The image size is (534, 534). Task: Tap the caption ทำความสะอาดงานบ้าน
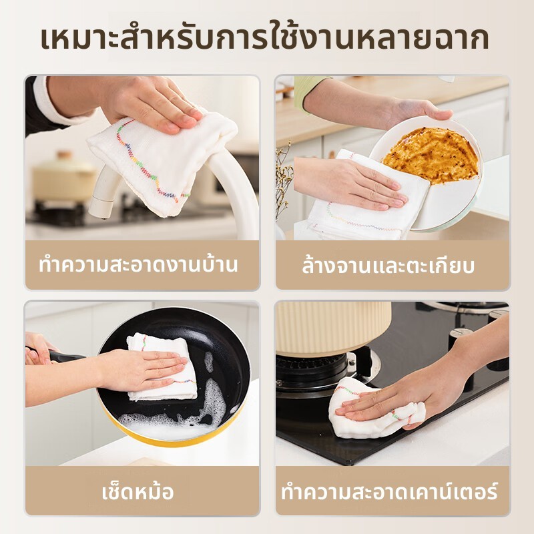(138, 265)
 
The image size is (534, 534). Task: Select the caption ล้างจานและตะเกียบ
(388, 266)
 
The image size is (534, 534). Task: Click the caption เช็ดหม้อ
(138, 491)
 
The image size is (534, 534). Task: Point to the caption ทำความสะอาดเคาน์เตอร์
(390, 491)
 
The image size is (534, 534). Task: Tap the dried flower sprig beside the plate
(284, 180)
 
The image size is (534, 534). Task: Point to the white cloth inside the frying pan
(161, 368)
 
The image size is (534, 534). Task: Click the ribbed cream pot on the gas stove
(333, 327)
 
